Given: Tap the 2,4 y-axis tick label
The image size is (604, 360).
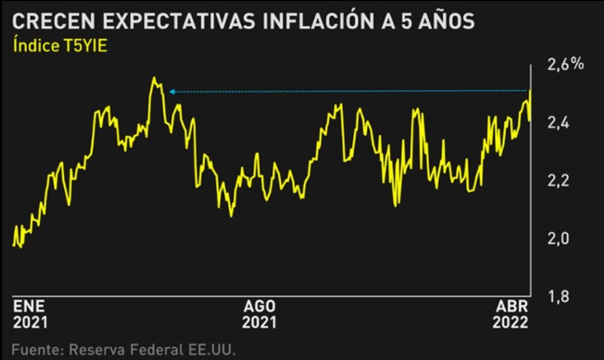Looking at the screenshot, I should (558, 123).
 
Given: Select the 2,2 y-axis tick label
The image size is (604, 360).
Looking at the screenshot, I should (558, 181).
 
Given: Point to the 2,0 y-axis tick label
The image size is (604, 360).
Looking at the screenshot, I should (558, 239).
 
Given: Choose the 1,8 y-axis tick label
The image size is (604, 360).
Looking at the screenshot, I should (558, 297).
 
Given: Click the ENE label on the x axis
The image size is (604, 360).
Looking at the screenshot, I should (29, 306).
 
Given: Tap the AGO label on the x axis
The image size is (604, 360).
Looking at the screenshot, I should (260, 306).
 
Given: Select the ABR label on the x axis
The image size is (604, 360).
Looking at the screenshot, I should (512, 306).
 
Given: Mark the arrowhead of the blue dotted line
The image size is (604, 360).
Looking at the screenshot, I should (172, 92).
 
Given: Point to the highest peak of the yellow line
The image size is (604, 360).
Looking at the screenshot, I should (155, 78).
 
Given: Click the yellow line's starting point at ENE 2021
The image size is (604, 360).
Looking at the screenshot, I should (13, 244).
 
